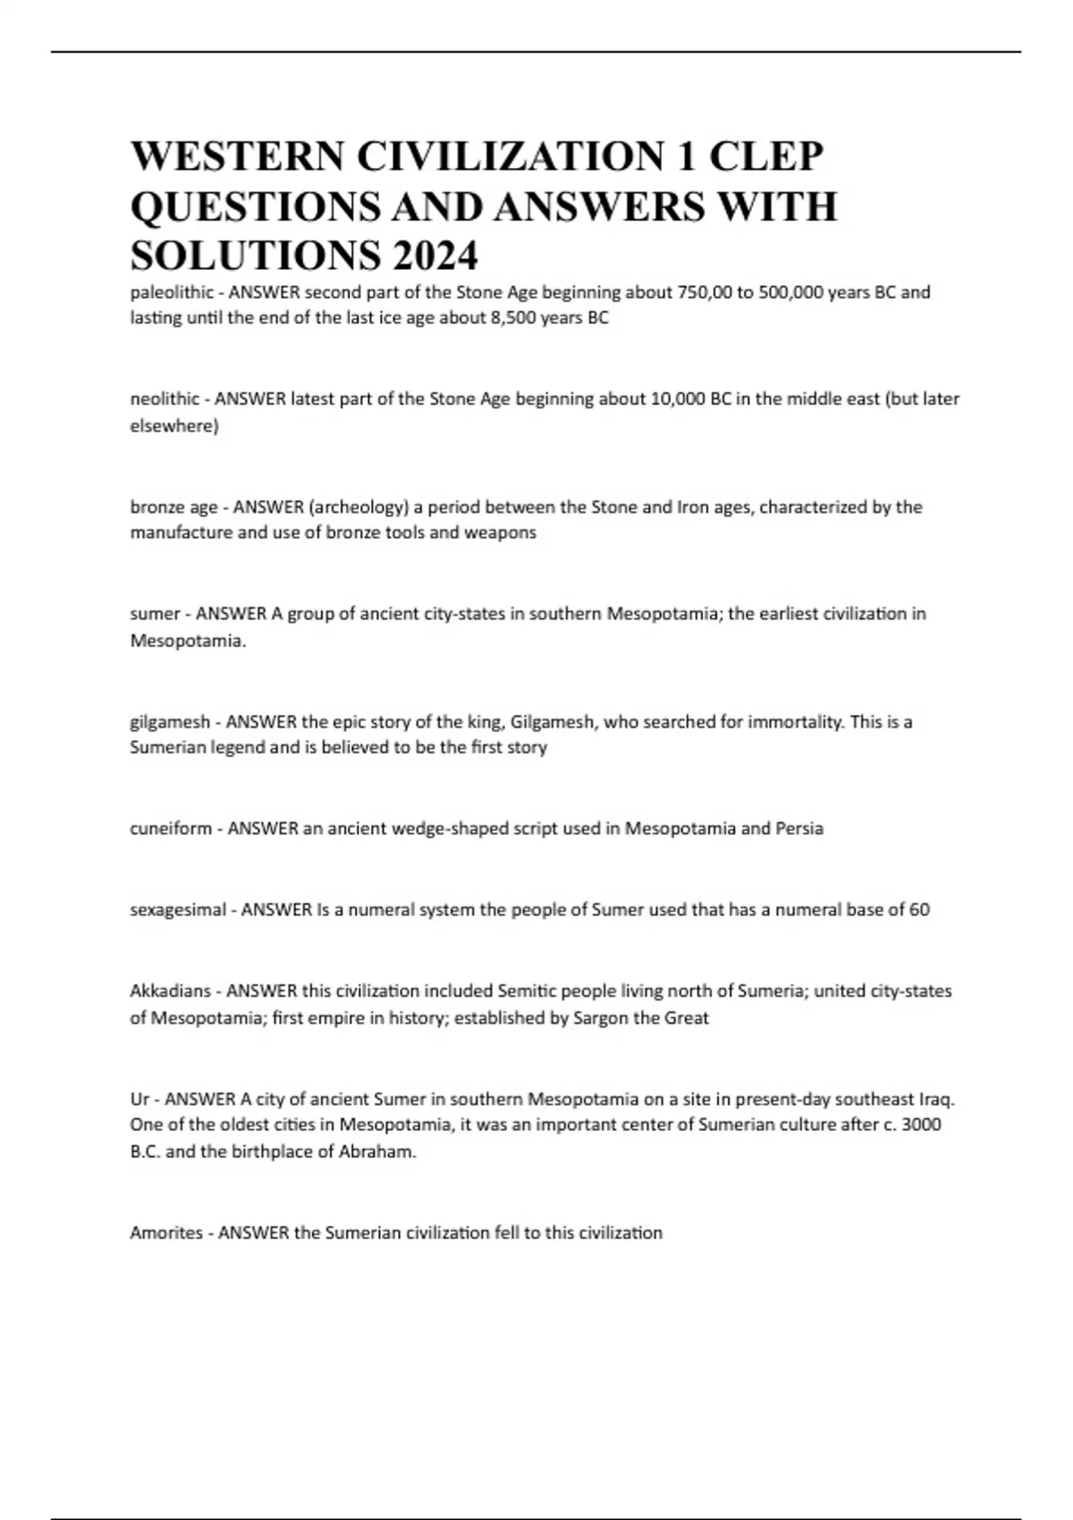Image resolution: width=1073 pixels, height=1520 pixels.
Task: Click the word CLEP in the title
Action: pyautogui.click(x=765, y=157)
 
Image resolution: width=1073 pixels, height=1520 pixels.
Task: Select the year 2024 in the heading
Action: pyautogui.click(x=433, y=256)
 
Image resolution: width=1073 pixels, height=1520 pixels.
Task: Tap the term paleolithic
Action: pyautogui.click(x=172, y=292)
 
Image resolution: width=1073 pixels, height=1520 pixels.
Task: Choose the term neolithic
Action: pyautogui.click(x=165, y=399)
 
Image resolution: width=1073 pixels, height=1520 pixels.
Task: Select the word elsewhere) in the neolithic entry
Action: pyautogui.click(x=174, y=426)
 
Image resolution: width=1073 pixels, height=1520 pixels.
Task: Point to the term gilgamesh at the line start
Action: pyautogui.click(x=170, y=722)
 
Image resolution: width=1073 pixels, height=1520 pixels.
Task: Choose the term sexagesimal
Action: pyautogui.click(x=178, y=910)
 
